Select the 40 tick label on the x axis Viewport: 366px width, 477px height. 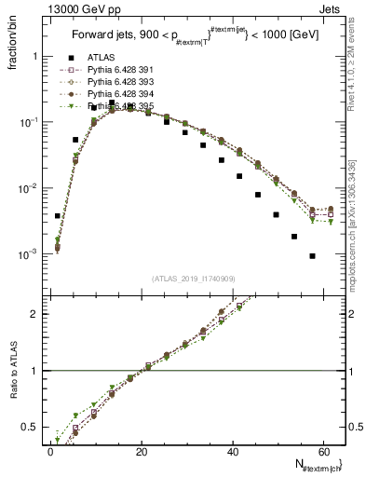click(232, 452)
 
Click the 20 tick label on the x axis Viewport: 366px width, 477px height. click(142, 452)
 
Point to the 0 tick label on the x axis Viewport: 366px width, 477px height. click(51, 452)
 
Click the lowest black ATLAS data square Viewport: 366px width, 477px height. click(313, 256)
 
